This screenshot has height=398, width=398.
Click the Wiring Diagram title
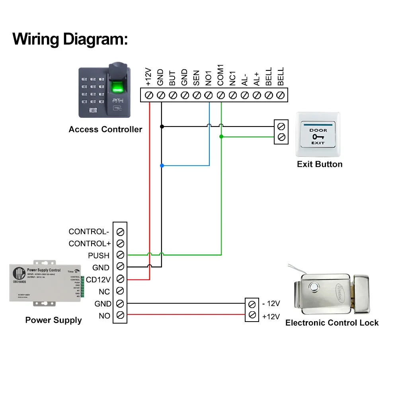(x=70, y=39)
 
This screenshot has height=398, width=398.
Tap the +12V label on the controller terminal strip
(x=149, y=78)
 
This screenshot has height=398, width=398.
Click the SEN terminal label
(x=197, y=78)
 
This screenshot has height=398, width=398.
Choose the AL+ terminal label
(x=257, y=78)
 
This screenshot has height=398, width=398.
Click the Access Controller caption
(x=105, y=129)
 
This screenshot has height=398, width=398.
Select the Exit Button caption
(x=320, y=164)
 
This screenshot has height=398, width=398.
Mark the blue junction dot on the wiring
(x=162, y=165)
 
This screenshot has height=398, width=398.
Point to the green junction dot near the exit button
(x=221, y=137)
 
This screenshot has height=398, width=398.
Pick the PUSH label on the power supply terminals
(x=99, y=256)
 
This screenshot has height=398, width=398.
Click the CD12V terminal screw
(x=120, y=279)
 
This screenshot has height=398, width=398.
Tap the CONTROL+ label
(x=89, y=244)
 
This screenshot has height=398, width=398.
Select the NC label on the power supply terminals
(x=104, y=292)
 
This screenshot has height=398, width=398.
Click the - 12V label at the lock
(x=271, y=304)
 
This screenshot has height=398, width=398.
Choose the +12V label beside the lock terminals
(x=271, y=316)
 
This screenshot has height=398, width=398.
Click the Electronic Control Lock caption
(x=332, y=323)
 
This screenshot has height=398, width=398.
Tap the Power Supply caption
(x=53, y=320)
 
